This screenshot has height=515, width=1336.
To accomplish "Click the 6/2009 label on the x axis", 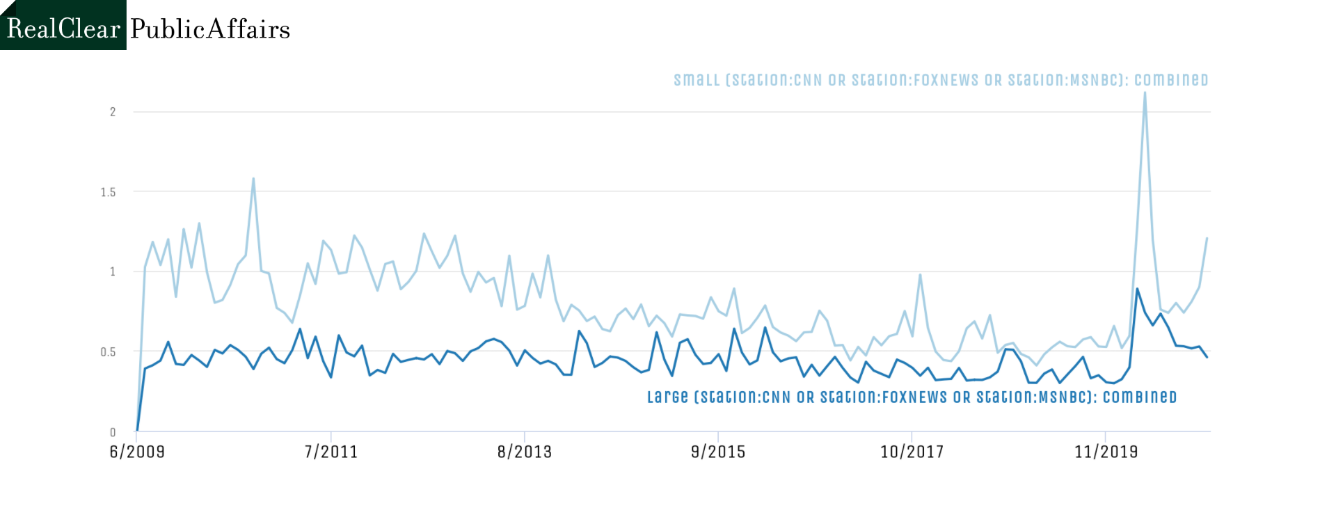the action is point(137,452).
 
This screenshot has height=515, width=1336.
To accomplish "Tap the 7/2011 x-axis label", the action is point(331,452).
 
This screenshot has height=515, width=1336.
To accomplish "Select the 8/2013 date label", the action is point(525,452).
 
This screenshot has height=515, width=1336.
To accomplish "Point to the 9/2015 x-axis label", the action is point(718,452).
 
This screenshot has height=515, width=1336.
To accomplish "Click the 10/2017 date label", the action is point(912,452).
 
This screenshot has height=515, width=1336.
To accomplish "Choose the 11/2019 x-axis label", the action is point(1106,452).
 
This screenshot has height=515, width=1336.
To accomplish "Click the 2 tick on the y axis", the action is point(113,112).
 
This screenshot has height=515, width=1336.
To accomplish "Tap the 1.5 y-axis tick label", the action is point(108,192).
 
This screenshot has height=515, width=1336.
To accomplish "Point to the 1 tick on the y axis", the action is point(113,271).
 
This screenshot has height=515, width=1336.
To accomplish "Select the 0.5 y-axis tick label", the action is point(108,352).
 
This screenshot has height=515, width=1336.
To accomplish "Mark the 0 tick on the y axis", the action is point(113,432).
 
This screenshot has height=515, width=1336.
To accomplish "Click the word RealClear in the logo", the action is point(63,29).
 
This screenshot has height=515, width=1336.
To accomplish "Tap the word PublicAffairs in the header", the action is point(210,29).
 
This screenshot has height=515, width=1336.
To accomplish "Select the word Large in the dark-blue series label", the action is point(667,397).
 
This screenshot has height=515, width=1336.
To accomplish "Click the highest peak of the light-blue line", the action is point(1145,93).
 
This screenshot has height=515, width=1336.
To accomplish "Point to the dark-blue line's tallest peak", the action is point(1137,289).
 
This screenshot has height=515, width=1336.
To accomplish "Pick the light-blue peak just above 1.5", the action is point(253,179).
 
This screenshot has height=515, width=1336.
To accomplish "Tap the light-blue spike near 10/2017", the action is point(920,274).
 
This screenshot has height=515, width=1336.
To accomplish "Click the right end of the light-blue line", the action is point(1207,238).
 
